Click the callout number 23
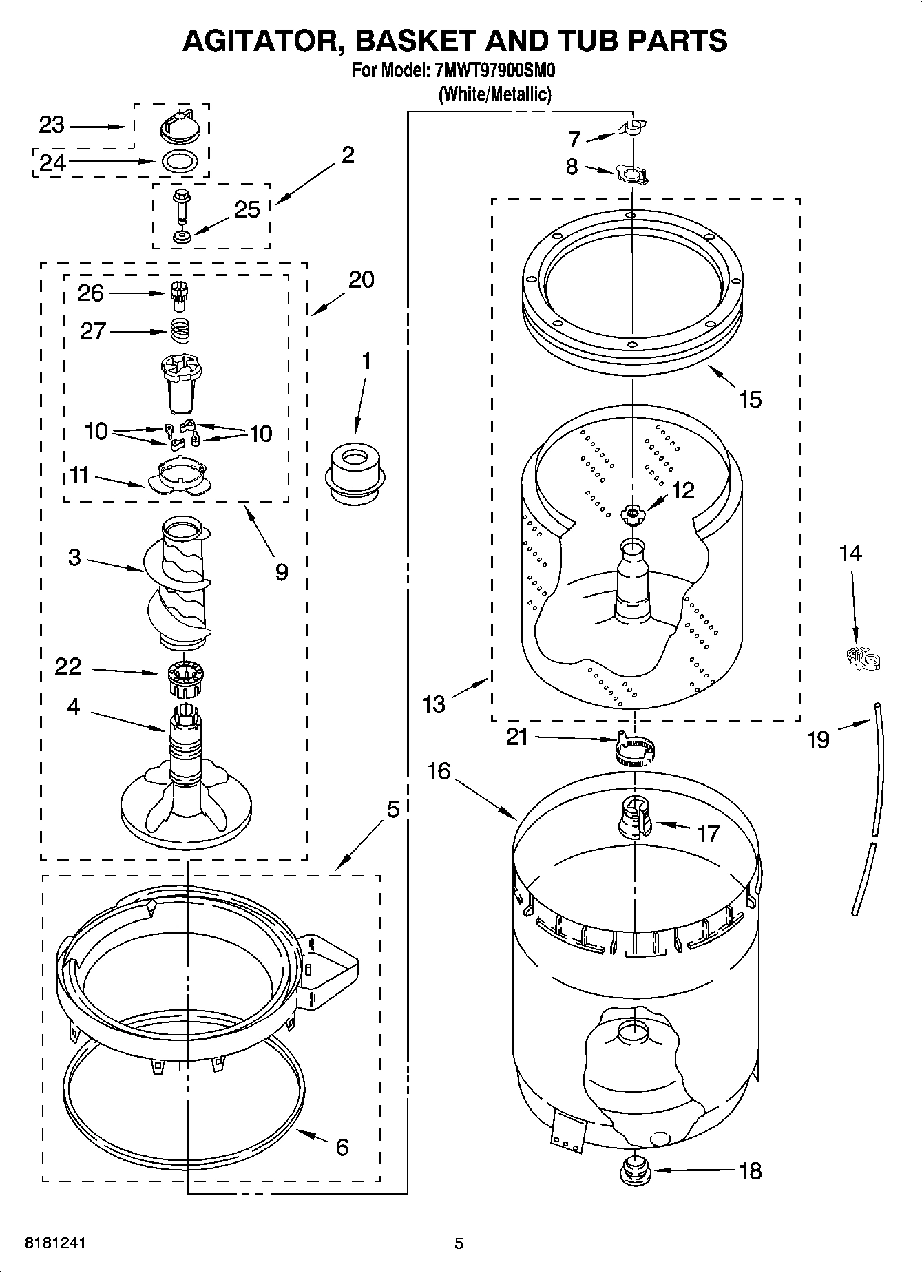coord(51,125)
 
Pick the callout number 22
coord(68,666)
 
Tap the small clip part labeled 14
coord(861,658)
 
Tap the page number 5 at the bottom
coord(459,1243)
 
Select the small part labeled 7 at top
coord(633,128)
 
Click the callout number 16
coord(438,771)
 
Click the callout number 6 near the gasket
coord(342,1147)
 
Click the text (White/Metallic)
coord(495,94)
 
